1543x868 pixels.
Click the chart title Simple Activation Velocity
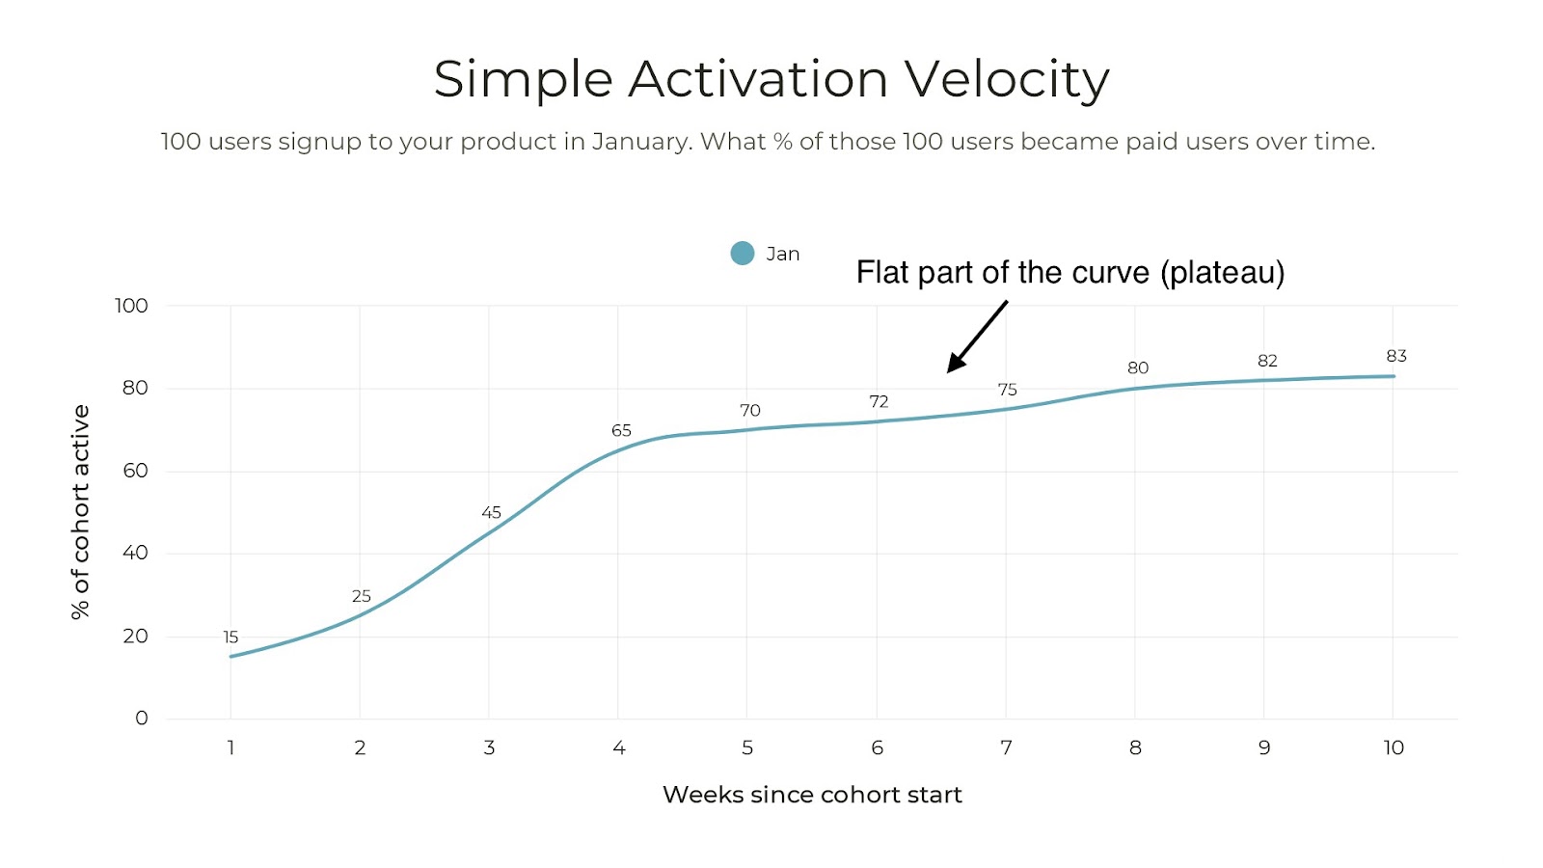coord(771,79)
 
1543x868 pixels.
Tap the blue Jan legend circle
coord(742,254)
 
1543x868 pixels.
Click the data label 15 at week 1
coord(230,637)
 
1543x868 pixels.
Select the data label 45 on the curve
coord(491,513)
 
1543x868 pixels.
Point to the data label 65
coord(621,431)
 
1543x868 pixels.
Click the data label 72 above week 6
coord(879,402)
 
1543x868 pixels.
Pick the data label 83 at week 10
coord(1396,356)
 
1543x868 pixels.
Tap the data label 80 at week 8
coord(1138,368)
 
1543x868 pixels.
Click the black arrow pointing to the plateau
coord(976,337)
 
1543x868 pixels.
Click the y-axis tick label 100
coord(131,306)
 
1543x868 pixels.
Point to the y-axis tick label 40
coord(135,553)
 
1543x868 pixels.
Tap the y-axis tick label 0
coord(142,719)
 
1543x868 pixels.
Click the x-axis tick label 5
coord(747,747)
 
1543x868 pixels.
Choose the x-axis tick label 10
coord(1394,747)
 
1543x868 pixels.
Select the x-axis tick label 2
coord(360,747)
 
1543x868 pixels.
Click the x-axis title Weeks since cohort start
coord(812,795)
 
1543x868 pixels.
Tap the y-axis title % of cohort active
coord(81,511)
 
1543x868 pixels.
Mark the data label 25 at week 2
coord(361,596)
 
